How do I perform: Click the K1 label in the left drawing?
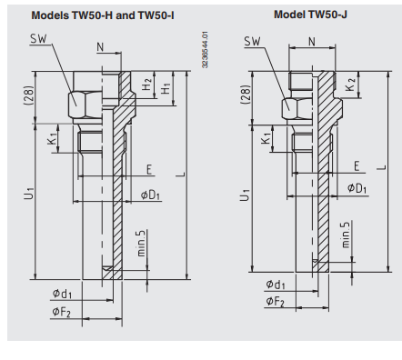click(53, 141)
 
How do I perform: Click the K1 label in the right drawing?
click(266, 141)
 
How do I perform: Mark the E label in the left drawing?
click(149, 168)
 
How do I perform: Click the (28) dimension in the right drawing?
click(243, 95)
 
